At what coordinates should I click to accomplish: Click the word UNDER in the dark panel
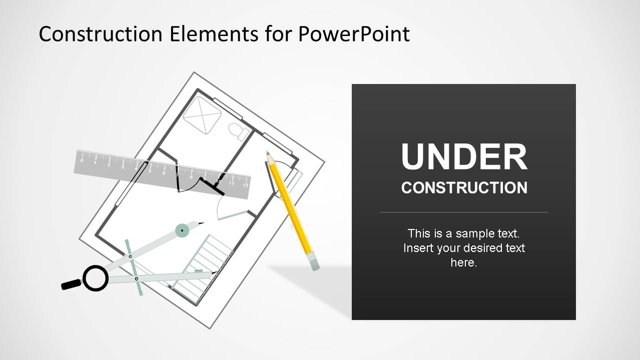(x=464, y=157)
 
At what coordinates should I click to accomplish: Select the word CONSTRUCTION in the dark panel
(x=464, y=188)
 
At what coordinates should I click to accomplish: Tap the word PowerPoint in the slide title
(x=354, y=34)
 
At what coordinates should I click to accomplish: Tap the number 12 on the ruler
(x=245, y=185)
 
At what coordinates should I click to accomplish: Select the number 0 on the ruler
(x=82, y=160)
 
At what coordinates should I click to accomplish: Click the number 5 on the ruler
(x=150, y=170)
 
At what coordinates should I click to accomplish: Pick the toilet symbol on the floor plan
(x=239, y=131)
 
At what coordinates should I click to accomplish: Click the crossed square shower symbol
(x=202, y=115)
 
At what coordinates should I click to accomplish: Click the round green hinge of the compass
(x=183, y=230)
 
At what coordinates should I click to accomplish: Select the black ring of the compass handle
(x=95, y=278)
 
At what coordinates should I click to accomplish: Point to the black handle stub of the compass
(x=71, y=284)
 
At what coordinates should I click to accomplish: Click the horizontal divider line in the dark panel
(x=464, y=212)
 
